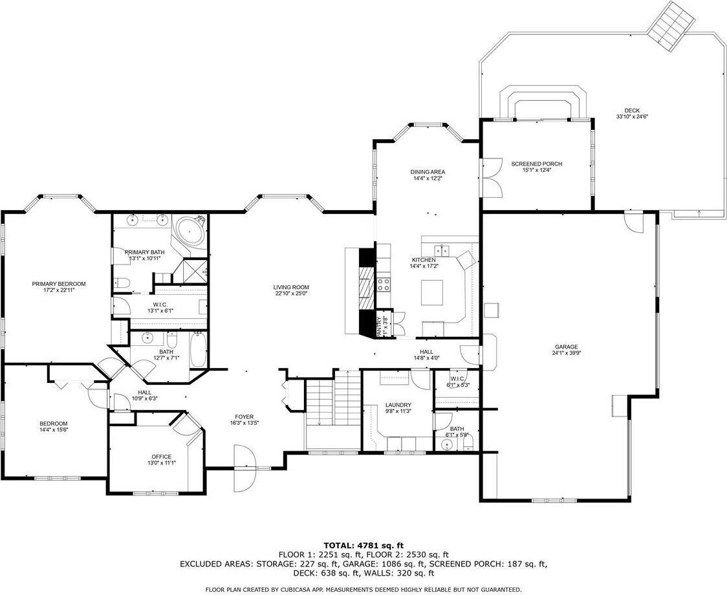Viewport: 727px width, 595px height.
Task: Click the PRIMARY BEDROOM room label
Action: [x=59, y=284]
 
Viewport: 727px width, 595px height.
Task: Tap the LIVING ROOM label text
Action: [x=291, y=287]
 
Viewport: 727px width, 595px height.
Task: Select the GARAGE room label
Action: [x=565, y=347]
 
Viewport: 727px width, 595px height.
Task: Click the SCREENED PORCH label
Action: [x=536, y=164]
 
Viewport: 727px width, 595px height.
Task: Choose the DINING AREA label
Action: [x=428, y=172]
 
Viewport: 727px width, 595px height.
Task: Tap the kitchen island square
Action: [x=433, y=292]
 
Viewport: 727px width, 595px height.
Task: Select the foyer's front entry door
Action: [x=245, y=465]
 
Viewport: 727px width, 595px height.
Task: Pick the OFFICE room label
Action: [x=161, y=457]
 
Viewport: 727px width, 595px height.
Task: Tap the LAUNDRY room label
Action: [x=398, y=406]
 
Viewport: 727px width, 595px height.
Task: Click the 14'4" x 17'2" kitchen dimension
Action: [x=424, y=266]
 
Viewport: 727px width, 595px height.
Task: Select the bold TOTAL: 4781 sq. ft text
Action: [x=363, y=545]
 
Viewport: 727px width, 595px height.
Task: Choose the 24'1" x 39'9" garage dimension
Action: [x=565, y=353]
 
